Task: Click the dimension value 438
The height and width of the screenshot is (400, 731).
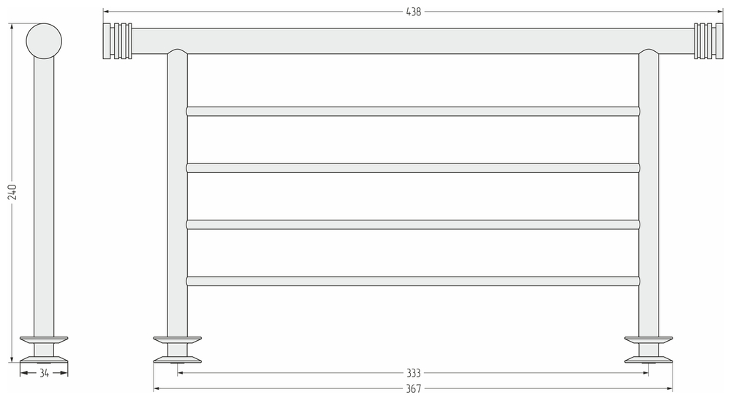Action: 413,12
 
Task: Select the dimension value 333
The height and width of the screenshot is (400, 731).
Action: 413,373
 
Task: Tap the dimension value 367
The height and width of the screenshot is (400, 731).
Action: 413,389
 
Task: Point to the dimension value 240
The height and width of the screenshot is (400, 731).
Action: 12,192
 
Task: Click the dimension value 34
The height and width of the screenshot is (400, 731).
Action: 44,373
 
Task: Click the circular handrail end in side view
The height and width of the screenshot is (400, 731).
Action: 44,40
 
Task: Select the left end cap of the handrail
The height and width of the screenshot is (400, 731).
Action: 118,41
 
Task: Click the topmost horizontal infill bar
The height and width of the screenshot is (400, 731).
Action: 413,111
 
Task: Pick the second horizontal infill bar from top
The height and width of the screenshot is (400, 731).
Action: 413,168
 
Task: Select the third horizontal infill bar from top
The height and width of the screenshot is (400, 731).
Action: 413,224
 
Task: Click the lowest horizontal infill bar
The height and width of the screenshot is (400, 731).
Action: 413,280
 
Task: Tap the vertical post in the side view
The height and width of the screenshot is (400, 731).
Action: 44,197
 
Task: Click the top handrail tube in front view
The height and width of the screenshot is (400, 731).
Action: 413,41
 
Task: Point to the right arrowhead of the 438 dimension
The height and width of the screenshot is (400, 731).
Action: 719,12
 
